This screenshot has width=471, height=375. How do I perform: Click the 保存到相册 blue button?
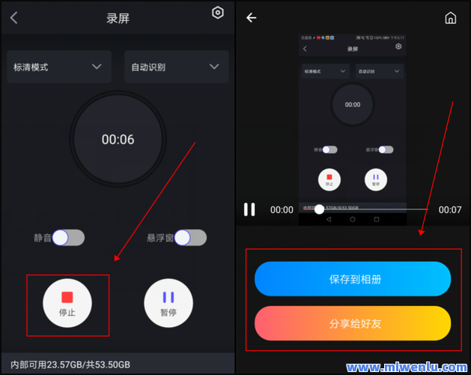pos(353,279)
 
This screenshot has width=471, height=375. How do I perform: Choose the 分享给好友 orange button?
pos(353,324)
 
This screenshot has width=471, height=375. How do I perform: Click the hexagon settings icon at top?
pos(218,13)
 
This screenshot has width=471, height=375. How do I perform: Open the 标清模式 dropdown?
pos(59,67)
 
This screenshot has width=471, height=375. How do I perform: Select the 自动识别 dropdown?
pos(176,67)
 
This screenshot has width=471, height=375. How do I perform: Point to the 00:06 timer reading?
pos(118,139)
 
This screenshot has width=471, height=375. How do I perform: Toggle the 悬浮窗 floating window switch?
pos(190,238)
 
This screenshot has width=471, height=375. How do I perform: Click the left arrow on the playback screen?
pos(252,18)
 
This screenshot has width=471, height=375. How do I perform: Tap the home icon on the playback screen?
pos(451,18)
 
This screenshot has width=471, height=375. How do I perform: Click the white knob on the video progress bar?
pos(319,209)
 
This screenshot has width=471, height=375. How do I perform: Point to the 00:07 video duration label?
pos(450,210)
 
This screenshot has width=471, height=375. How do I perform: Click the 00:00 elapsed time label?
pos(282,210)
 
